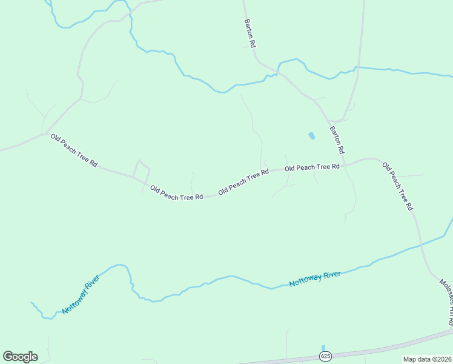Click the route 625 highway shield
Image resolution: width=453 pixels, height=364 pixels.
(326, 355)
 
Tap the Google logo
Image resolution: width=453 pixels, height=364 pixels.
(20, 357)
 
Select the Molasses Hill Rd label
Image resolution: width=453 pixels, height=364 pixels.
(447, 302)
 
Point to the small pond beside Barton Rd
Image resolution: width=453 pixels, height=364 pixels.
(311, 136)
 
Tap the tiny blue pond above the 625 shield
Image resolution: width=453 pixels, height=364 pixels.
(323, 347)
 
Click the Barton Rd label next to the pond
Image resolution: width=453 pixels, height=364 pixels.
(337, 140)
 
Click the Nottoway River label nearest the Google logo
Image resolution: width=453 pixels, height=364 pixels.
(81, 294)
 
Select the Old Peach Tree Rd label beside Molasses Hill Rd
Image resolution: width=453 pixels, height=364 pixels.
(397, 185)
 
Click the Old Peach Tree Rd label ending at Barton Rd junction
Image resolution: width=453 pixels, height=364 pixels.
(312, 167)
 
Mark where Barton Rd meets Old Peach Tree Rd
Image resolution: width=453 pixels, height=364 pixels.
(344, 164)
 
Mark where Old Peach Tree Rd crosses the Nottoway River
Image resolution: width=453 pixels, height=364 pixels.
(420, 246)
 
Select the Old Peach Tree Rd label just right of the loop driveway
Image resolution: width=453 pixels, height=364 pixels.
(176, 194)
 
